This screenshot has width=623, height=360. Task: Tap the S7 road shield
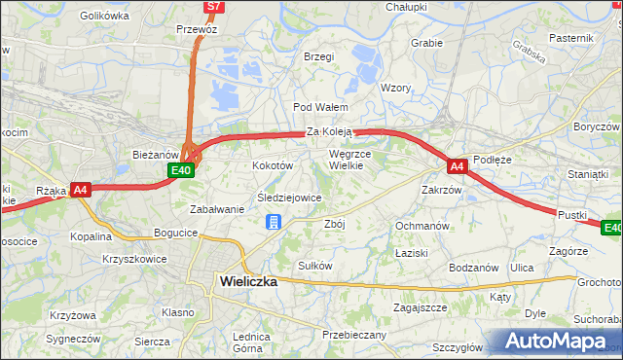(x=215, y=7)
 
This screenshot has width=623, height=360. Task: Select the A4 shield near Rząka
(x=81, y=190)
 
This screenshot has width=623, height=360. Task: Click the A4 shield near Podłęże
(x=458, y=166)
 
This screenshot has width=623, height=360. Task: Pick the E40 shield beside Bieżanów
(x=180, y=170)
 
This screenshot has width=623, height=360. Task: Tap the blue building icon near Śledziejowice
(x=274, y=223)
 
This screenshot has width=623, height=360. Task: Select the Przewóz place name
(x=196, y=29)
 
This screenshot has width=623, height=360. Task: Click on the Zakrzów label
(x=441, y=190)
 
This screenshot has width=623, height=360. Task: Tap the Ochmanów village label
(x=421, y=226)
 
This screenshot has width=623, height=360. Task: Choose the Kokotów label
(x=273, y=166)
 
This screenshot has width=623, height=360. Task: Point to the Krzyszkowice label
(x=134, y=259)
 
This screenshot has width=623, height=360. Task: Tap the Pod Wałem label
(x=314, y=107)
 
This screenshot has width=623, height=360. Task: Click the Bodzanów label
(x=473, y=267)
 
